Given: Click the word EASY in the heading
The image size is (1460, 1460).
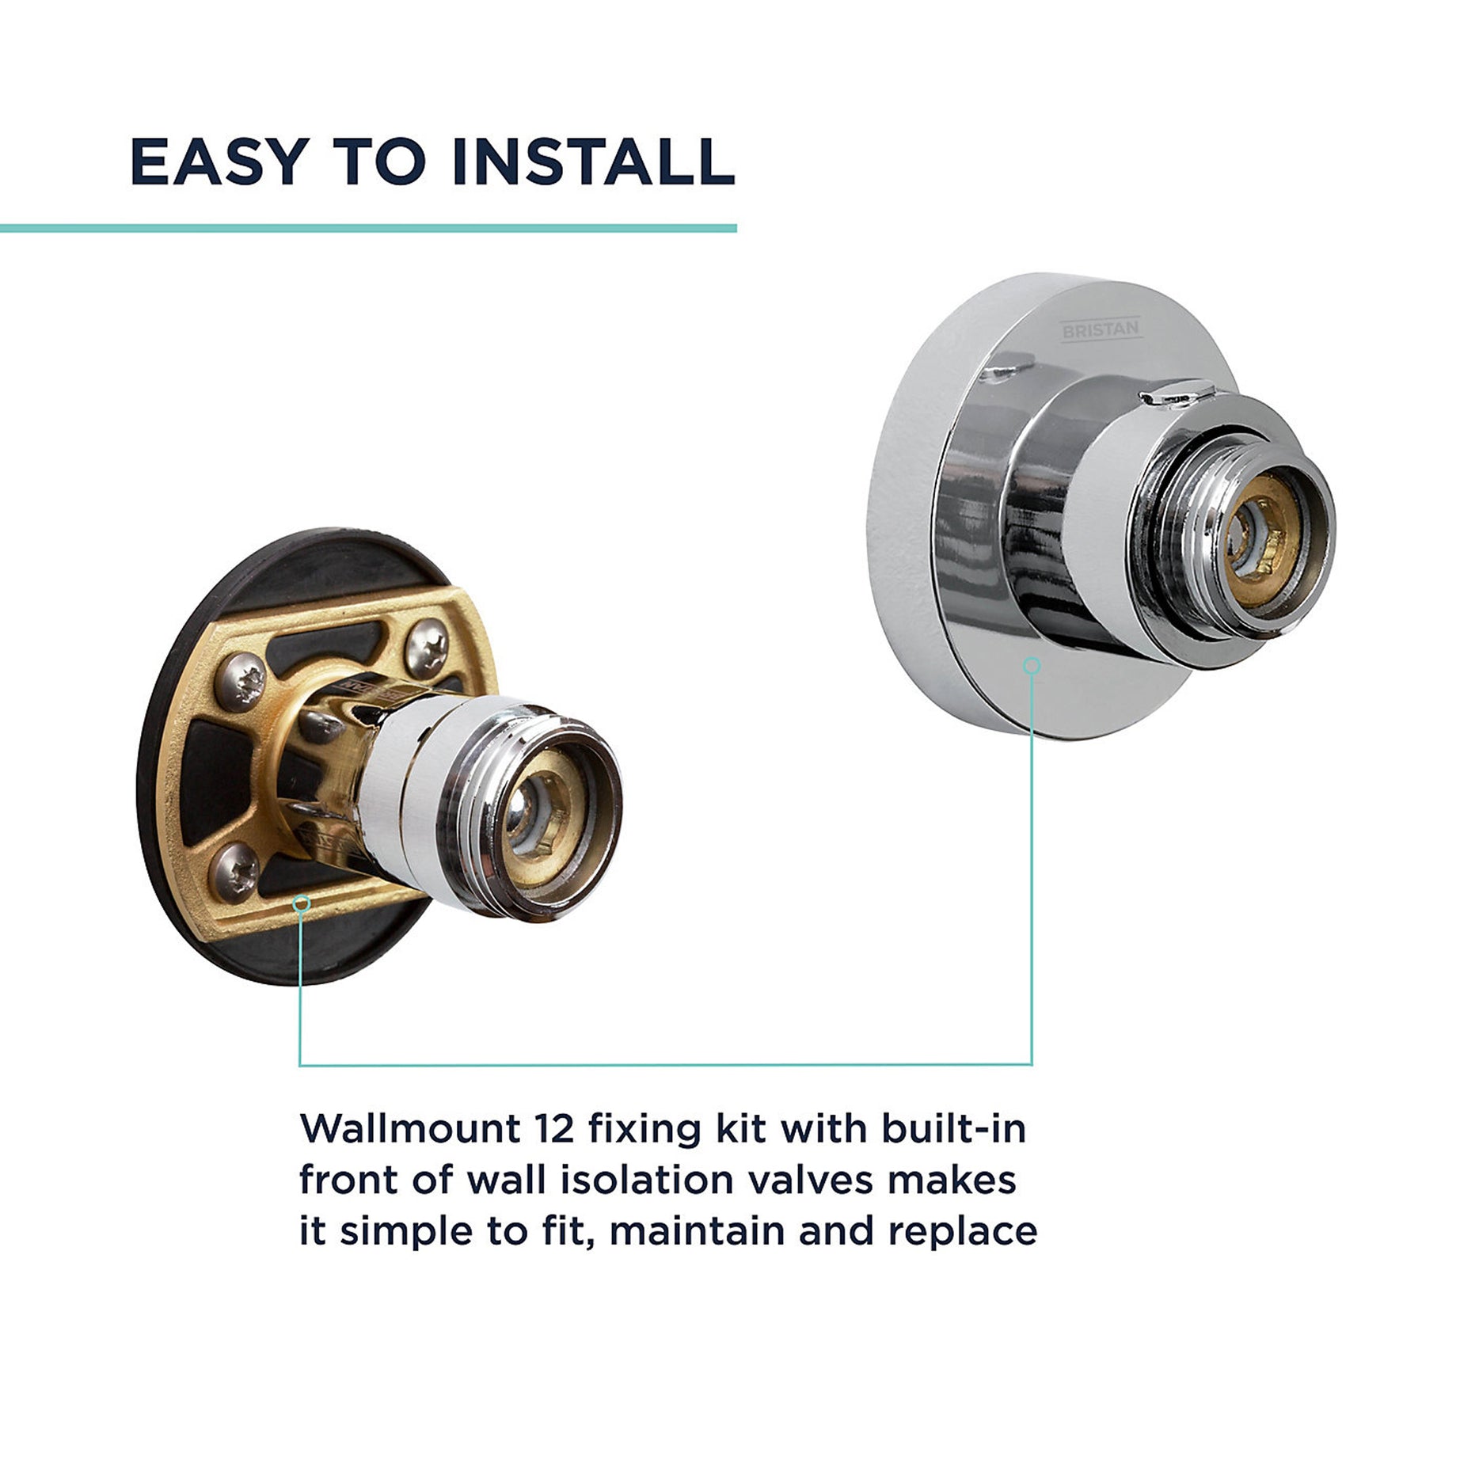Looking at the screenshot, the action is (219, 162).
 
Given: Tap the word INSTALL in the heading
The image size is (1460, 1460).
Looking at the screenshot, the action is (593, 162).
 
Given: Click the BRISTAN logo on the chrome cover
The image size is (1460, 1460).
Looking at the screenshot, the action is (1101, 329).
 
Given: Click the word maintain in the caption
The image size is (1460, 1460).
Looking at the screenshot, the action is (696, 1231).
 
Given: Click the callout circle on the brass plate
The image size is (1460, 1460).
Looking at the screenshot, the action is (300, 903).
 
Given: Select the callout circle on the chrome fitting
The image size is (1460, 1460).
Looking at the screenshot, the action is (1031, 666).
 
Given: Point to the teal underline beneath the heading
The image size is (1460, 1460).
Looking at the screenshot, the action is (368, 228).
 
